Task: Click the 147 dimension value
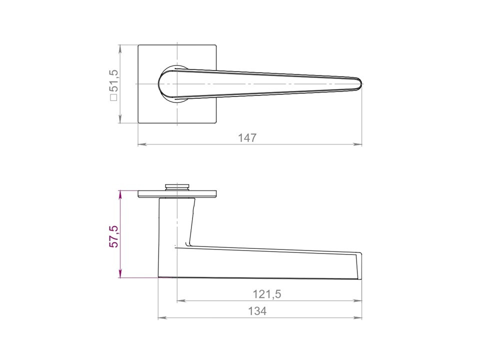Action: pyautogui.click(x=247, y=138)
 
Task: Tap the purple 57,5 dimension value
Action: pyautogui.click(x=113, y=236)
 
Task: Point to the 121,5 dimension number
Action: pyautogui.click(x=266, y=294)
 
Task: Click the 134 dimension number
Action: pyautogui.click(x=257, y=311)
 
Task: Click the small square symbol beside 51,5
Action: pyautogui.click(x=113, y=97)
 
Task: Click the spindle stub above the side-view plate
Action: pyautogui.click(x=177, y=187)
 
